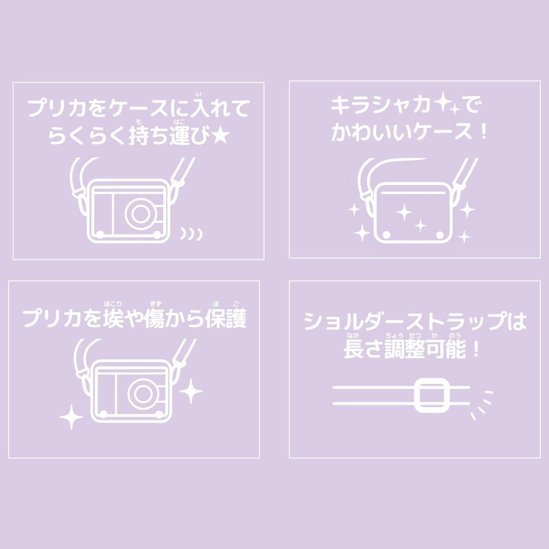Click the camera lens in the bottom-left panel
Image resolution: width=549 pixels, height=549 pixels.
point(142,394)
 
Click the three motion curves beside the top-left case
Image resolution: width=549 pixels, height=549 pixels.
point(191,233)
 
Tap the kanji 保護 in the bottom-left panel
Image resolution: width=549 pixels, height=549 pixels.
point(226,319)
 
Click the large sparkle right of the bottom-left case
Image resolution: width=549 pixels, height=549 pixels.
point(190,391)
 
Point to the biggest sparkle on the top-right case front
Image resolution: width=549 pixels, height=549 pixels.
point(404,212)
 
